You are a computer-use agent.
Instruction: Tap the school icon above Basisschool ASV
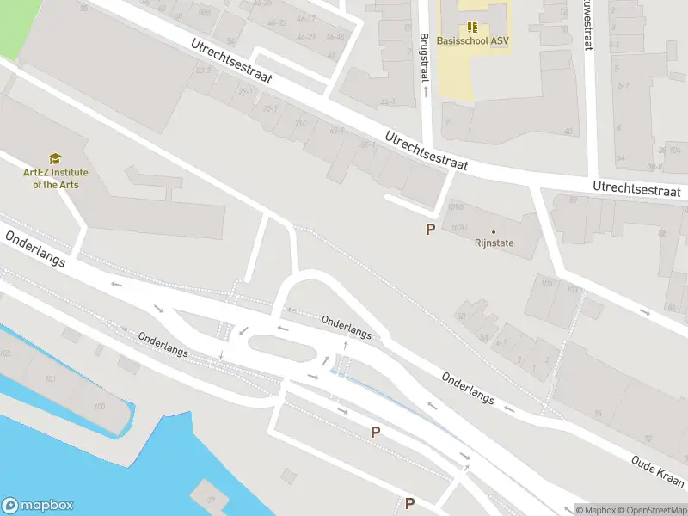pos(471,26)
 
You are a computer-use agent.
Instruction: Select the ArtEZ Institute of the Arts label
pos(55,178)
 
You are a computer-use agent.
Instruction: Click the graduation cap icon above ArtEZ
pos(55,158)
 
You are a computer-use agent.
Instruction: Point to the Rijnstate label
pos(494,243)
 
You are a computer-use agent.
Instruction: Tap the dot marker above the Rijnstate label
pos(494,231)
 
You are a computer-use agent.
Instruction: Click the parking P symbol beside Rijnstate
pos(430,230)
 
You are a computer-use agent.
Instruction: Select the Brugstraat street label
pos(423,58)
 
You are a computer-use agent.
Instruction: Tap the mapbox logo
pos(37,506)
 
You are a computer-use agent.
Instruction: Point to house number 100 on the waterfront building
pos(100,405)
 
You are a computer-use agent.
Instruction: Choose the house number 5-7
pos(623,86)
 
